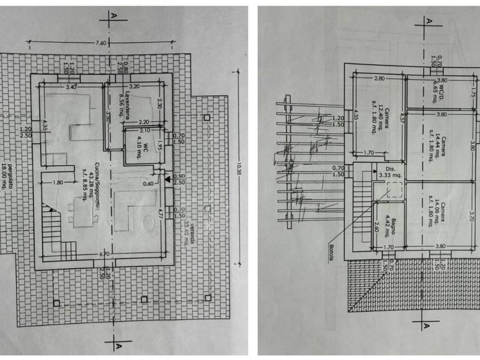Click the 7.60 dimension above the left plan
click(x=101, y=43)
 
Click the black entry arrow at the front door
click(x=167, y=180)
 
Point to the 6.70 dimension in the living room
click(x=105, y=254)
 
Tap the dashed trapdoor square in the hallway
click(x=394, y=190)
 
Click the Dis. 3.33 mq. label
click(x=390, y=172)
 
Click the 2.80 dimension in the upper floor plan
click(x=379, y=78)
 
